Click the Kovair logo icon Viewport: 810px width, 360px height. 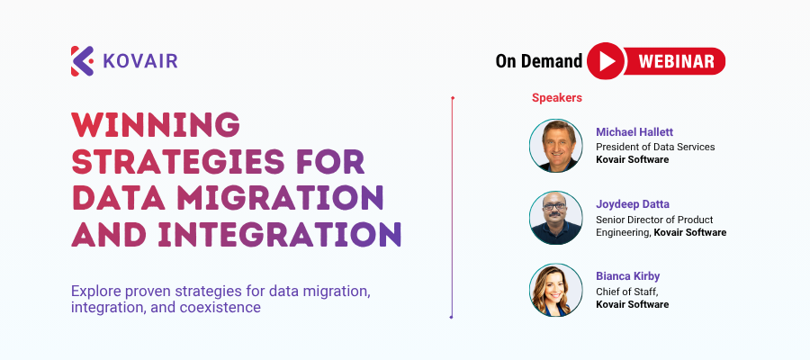(x=82, y=61)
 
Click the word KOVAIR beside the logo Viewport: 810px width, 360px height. (x=140, y=61)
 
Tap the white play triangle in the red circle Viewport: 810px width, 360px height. (x=607, y=61)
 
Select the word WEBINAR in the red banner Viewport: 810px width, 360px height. (x=676, y=61)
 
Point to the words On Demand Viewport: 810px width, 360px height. (x=539, y=61)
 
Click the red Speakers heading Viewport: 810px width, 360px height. (x=557, y=97)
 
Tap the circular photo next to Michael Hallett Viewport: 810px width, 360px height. (x=556, y=146)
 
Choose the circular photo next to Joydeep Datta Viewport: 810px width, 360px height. (x=556, y=218)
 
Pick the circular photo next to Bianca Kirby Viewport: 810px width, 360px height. (x=556, y=291)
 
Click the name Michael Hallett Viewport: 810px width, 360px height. (x=634, y=132)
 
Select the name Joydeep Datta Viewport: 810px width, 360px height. (x=633, y=204)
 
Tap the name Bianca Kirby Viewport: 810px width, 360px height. (x=627, y=276)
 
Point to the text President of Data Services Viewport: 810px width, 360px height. (x=655, y=148)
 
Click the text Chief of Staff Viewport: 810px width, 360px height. (x=626, y=292)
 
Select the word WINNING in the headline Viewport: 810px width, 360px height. (x=156, y=124)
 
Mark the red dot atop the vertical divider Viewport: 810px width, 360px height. (x=453, y=97)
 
